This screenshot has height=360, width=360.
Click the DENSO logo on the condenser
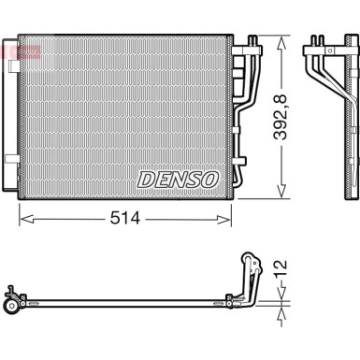178,179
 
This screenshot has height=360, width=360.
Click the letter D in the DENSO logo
146,179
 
